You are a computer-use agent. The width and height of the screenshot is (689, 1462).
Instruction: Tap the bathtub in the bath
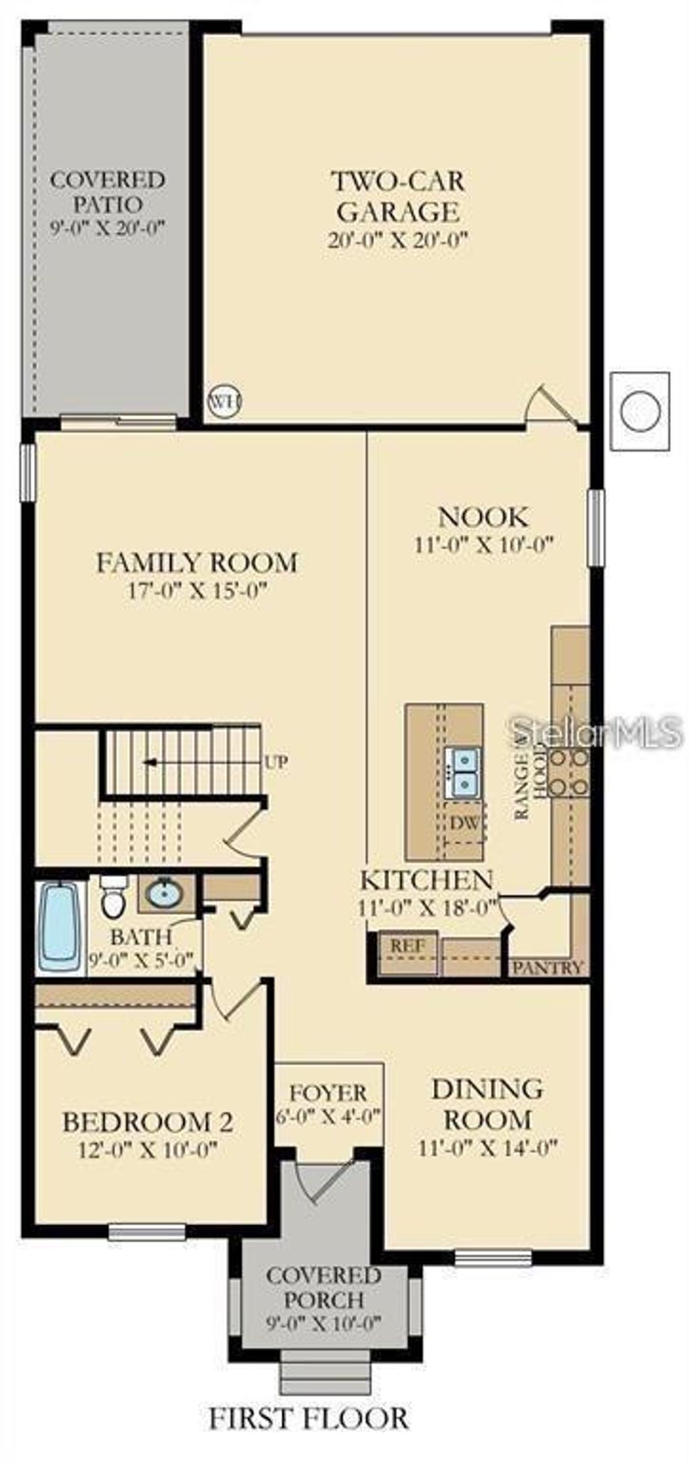pos(61,927)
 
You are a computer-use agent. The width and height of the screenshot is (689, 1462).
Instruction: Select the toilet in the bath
pos(113,897)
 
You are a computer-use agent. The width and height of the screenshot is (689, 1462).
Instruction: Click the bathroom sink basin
pos(164,894)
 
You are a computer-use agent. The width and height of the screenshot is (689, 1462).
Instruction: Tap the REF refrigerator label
pos(408,945)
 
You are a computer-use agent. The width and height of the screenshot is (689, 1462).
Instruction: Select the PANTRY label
pos(547,967)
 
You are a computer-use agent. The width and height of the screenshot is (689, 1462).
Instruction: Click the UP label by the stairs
pos(276,763)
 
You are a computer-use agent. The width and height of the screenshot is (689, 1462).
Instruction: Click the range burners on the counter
pos(569,771)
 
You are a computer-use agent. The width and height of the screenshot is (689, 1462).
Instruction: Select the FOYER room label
pos(328,1092)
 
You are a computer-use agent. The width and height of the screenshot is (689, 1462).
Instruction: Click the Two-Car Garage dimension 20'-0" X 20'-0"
pos(397,241)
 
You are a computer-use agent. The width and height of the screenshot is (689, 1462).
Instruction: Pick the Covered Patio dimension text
pos(108,228)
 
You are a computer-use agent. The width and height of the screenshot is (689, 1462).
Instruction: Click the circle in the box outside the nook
pos(640,411)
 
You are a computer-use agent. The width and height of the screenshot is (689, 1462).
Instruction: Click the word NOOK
pos(483,517)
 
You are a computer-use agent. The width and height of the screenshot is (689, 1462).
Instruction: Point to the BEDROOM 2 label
pos(147,1122)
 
